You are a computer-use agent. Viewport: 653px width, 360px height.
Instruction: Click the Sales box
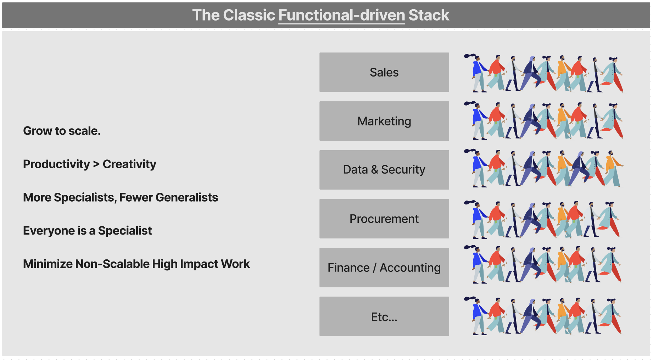click(x=384, y=72)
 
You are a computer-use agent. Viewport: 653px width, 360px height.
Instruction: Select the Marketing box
click(x=384, y=121)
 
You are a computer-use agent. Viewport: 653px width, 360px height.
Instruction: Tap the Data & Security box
click(x=384, y=170)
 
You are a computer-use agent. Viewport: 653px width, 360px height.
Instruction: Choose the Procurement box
click(x=384, y=219)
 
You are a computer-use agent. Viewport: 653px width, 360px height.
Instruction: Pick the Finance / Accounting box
click(x=384, y=268)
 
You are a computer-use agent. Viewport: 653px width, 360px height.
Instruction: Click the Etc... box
click(x=384, y=316)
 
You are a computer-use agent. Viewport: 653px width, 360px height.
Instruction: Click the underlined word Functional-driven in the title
click(x=341, y=15)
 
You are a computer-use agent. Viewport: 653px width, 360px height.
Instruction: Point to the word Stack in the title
click(x=429, y=15)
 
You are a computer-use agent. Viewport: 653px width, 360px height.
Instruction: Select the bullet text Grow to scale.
click(x=62, y=131)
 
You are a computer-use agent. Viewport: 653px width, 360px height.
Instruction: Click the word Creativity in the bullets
click(x=129, y=164)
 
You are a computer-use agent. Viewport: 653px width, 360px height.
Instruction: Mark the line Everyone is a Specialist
click(x=87, y=231)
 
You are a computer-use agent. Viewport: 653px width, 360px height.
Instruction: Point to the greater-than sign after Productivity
click(x=96, y=164)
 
